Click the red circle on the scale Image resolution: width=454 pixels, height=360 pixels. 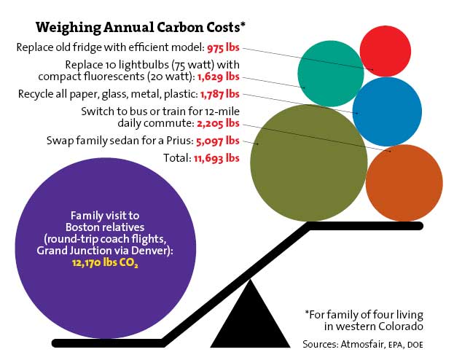click(x=388, y=51)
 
